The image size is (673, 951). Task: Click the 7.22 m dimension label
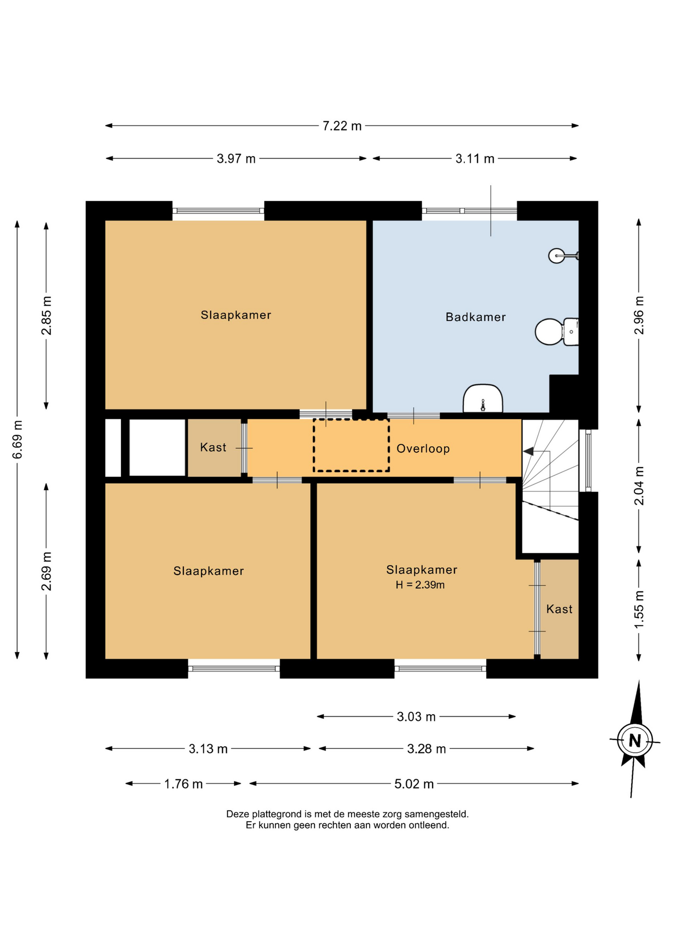coord(342,126)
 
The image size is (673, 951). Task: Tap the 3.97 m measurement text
coord(236,158)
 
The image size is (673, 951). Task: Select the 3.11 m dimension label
coord(475,158)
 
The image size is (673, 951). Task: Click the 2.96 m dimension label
coord(639,315)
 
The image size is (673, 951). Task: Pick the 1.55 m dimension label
coord(639,609)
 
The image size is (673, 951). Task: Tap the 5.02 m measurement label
coord(414,784)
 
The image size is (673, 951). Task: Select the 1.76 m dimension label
coord(183,784)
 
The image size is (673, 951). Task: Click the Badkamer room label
coord(475,317)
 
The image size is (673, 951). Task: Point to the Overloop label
coord(423,449)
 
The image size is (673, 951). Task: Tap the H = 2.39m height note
coord(420,585)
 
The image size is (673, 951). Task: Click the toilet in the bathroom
coord(557,331)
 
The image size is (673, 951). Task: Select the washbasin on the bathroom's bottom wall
coord(483,398)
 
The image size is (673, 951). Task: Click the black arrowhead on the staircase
coord(528,451)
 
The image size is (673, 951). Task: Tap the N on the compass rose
coord(635,740)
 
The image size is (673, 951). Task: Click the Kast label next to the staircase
coord(559,609)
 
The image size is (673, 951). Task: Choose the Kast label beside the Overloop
coord(213,447)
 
